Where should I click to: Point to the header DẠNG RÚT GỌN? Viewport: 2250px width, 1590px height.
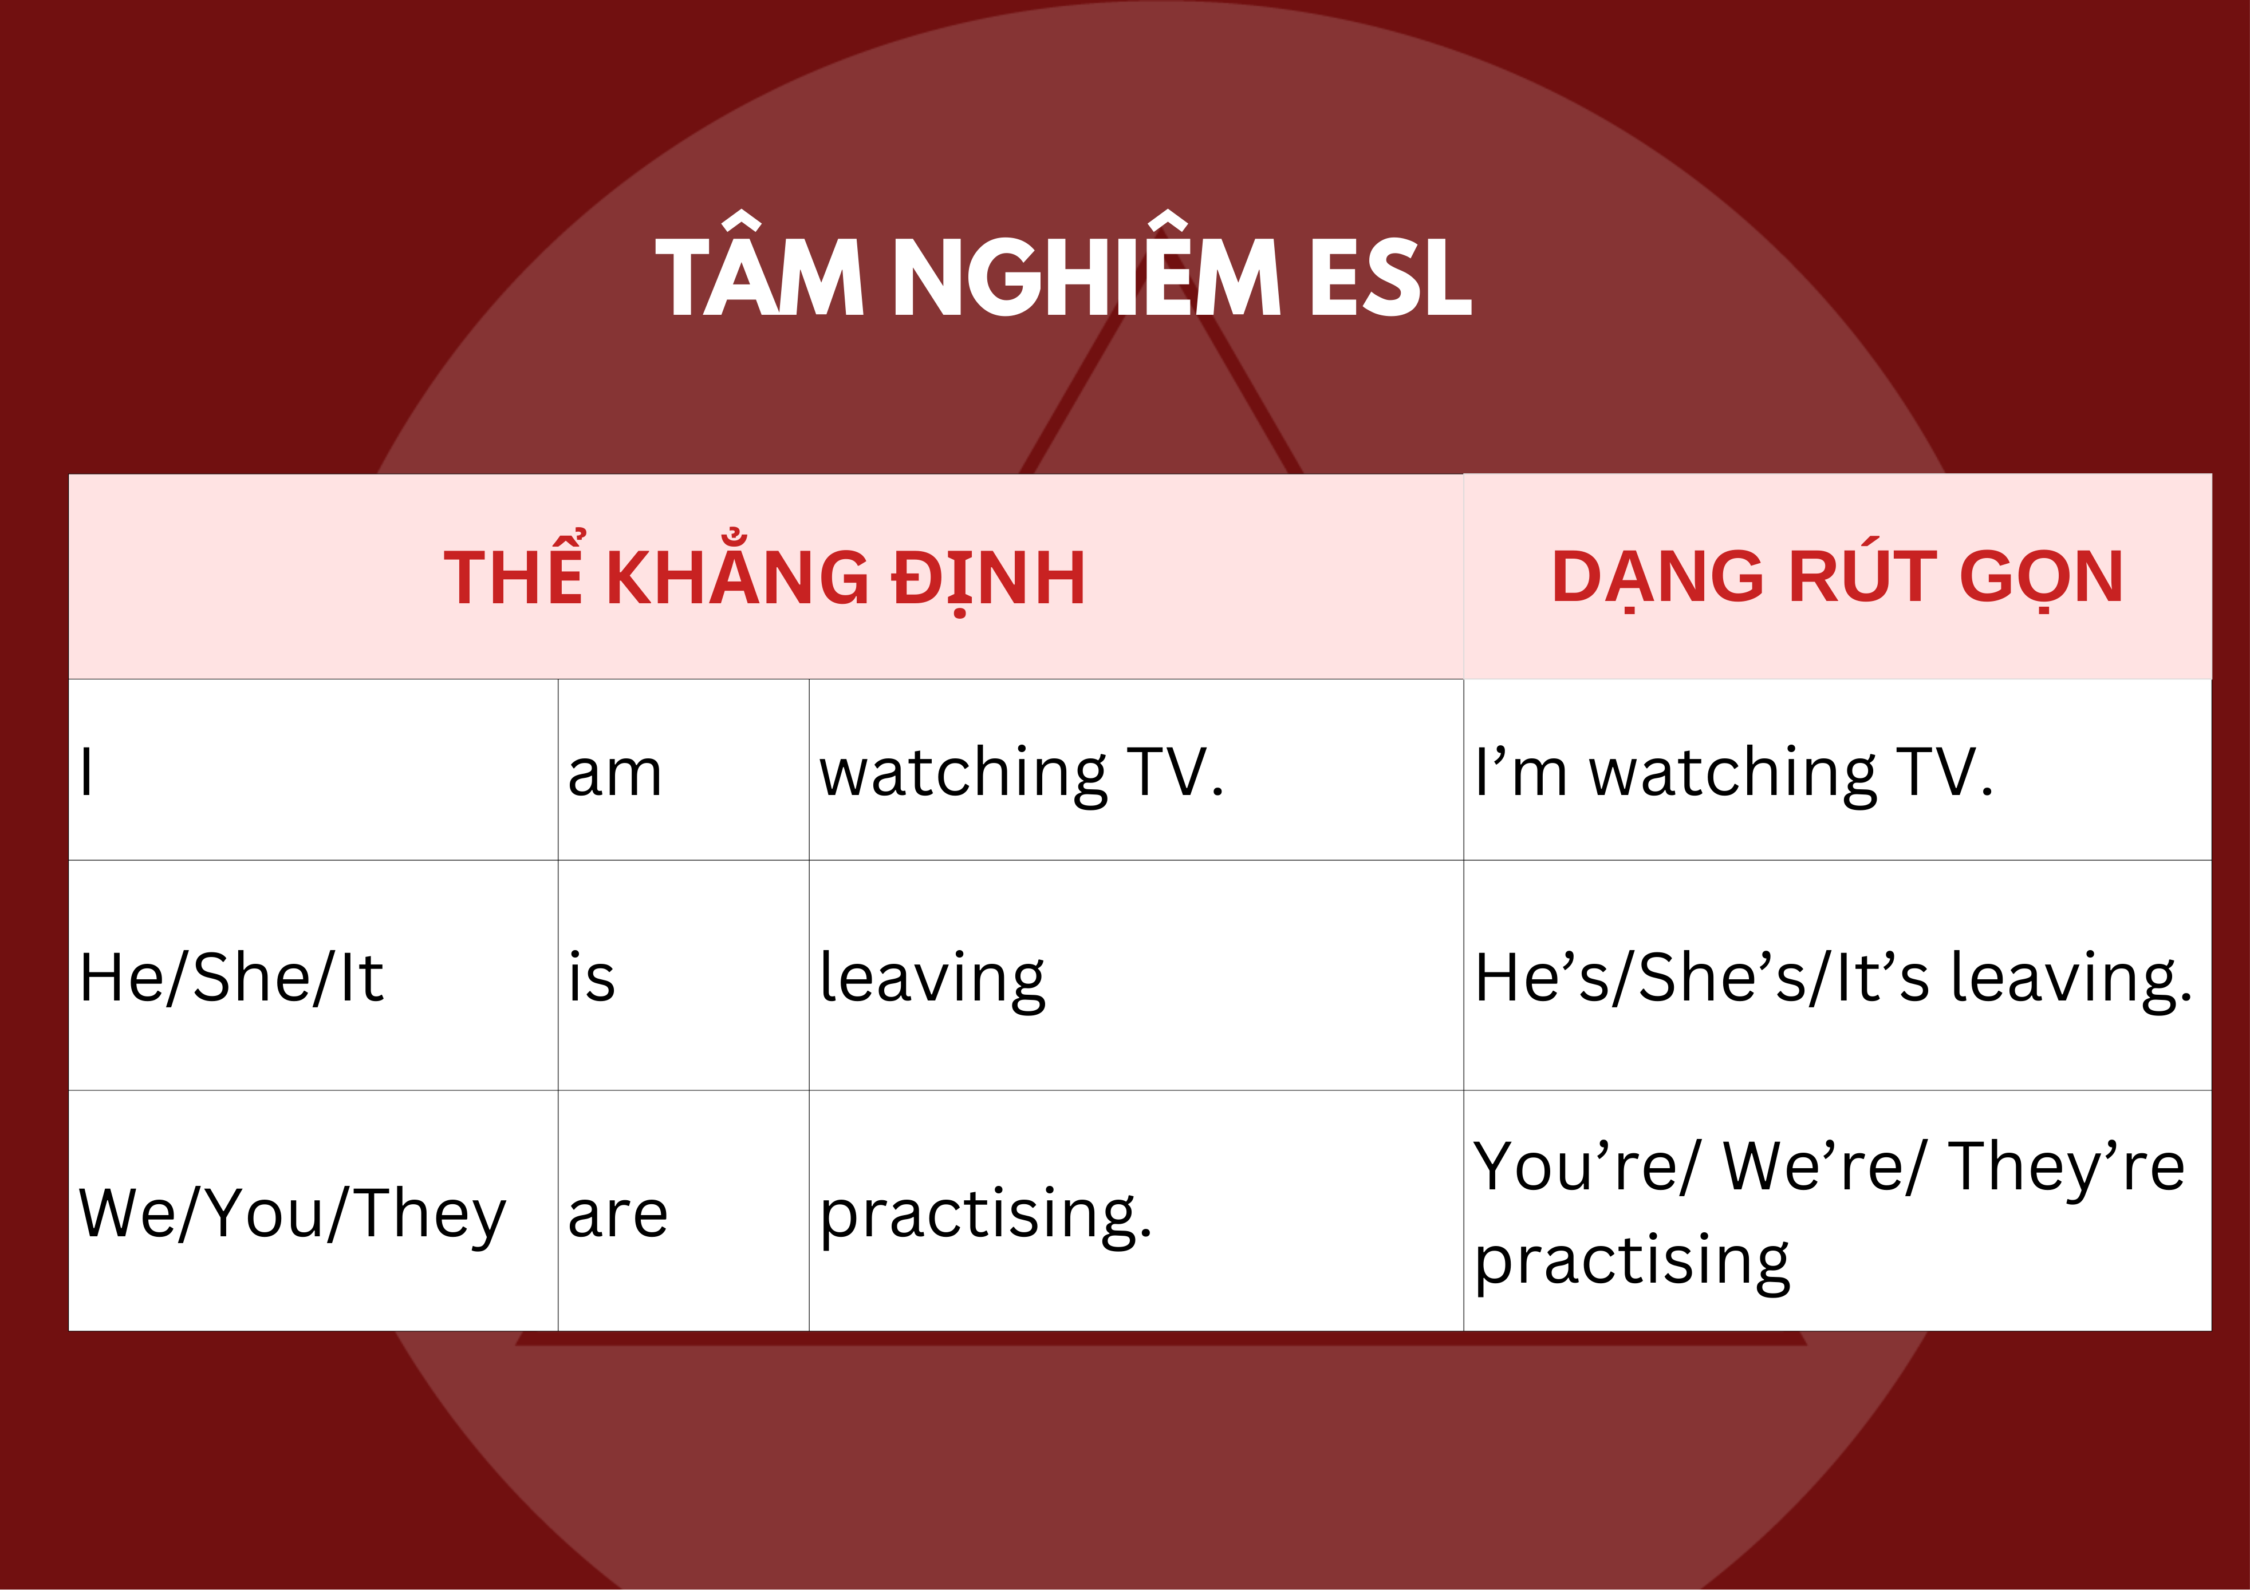pyautogui.click(x=1838, y=578)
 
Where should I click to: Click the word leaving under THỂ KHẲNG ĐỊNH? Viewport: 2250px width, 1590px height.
pyautogui.click(x=933, y=980)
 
